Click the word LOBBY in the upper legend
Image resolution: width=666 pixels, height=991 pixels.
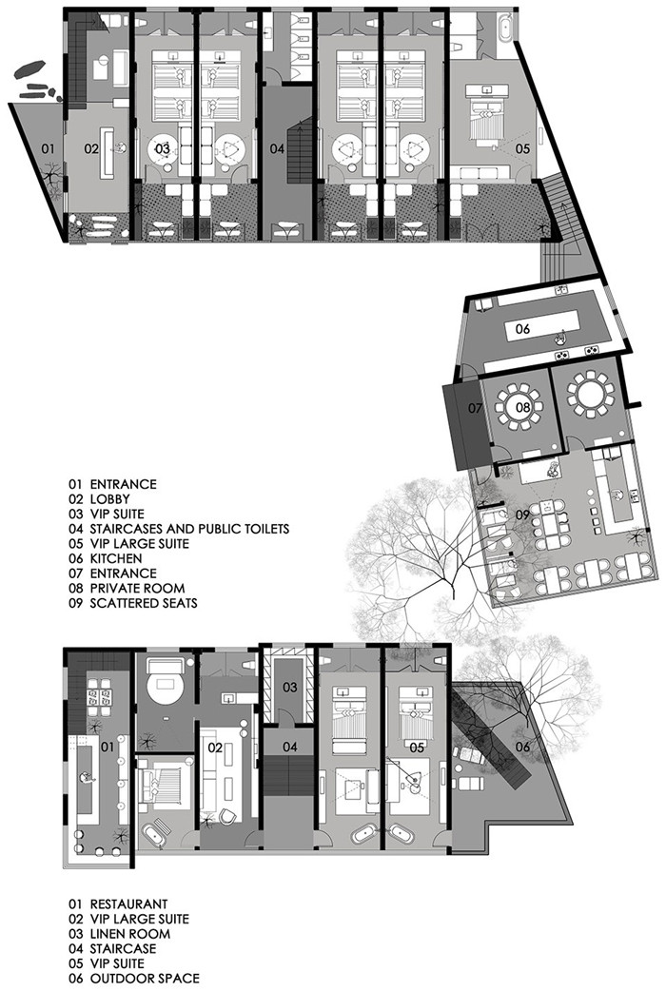pos(110,499)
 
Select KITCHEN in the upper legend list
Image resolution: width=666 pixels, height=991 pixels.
pos(116,558)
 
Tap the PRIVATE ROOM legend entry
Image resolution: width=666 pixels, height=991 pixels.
pos(137,588)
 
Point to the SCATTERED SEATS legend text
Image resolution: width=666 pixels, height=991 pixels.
pos(144,603)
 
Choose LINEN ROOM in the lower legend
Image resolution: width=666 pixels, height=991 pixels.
pos(130,934)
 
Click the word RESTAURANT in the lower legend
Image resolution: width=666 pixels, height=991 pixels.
pos(129,904)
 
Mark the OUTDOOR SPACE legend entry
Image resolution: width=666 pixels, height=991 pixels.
pos(145,979)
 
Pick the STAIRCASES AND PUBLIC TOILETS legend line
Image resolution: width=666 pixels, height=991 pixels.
pos(189,529)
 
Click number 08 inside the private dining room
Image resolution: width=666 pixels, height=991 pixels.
pos(522,408)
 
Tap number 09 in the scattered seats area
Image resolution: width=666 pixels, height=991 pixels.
pos(521,515)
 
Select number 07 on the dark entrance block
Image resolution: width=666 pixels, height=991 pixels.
pos(475,408)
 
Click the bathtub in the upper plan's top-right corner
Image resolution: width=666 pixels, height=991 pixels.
pos(505,29)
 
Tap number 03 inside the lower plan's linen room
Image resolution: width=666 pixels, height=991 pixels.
pos(289,687)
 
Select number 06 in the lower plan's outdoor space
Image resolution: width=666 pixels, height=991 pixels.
pos(522,747)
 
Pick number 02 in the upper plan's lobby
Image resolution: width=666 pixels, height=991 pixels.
pos(91,149)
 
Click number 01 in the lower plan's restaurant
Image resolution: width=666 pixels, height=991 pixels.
pos(108,748)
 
